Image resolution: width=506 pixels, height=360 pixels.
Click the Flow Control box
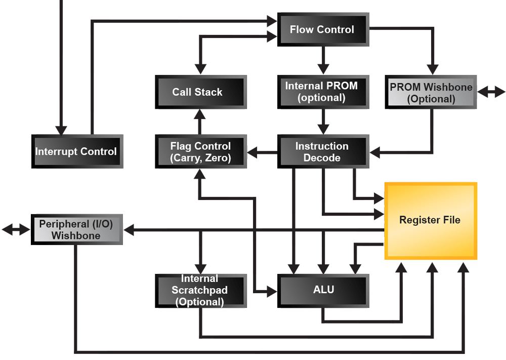pos(322,30)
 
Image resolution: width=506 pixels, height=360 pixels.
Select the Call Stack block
pos(200,92)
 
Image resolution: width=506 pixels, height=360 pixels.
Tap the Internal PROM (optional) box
pos(322,92)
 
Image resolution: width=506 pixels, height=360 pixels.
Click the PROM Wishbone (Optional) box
pos(431,93)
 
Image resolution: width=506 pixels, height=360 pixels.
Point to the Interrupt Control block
pos(76,151)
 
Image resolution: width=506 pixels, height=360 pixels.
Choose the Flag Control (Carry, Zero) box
pos(200,152)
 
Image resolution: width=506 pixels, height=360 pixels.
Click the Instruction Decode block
pos(322,152)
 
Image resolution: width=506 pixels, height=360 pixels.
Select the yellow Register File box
pos(430,220)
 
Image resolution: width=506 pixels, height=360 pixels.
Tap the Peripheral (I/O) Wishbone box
pos(76,230)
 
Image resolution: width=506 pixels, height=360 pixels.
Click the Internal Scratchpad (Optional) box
pos(200,291)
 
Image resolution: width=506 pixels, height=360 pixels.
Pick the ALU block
pos(322,290)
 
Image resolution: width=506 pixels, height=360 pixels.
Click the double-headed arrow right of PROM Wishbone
pos(491,92)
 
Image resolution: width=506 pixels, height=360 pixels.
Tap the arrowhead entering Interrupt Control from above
pos(61,129)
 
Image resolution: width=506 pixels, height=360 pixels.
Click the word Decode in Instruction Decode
pos(322,158)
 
